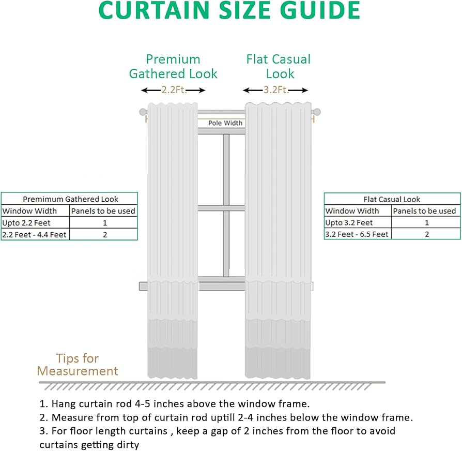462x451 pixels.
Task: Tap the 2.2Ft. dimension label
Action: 174,90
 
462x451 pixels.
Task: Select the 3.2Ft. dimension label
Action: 275,90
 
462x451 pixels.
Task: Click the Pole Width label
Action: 225,123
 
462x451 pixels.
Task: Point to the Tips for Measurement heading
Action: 78,365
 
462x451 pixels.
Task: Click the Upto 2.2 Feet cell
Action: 27,222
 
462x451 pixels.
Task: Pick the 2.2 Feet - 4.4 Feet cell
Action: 34,234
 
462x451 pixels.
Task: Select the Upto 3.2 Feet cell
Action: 349,223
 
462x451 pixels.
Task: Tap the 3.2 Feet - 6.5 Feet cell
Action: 357,234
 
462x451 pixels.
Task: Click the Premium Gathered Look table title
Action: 70,199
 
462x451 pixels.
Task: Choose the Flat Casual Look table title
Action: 392,199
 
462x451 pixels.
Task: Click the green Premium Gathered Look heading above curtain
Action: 173,66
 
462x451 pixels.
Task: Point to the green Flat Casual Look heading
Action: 279,66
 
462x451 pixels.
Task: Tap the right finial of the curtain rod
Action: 317,112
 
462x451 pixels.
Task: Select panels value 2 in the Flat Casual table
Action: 426,234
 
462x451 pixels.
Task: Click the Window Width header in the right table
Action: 352,211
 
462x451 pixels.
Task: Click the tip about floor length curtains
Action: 218,437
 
